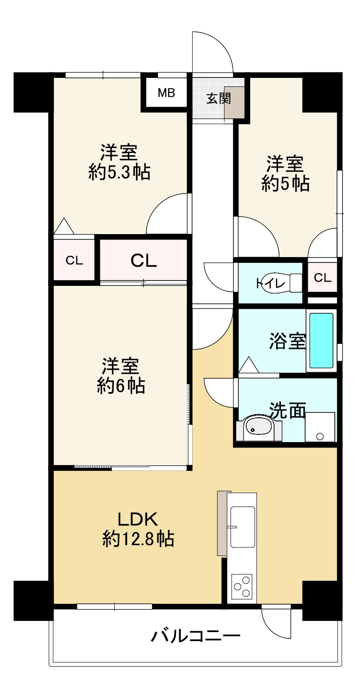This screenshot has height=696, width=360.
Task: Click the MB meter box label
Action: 166,93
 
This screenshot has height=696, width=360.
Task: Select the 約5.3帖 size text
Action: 119,172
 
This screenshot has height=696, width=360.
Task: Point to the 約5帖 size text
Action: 285,183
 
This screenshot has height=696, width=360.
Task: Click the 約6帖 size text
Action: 121,386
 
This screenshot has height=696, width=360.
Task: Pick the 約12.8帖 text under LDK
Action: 138,538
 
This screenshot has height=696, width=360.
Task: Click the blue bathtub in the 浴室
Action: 321,340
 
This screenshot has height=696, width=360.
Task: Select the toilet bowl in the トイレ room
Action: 281,283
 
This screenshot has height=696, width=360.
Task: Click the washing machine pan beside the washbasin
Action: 320,427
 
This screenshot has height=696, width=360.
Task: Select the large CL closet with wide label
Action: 143,260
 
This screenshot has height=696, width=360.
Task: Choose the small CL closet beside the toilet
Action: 322,277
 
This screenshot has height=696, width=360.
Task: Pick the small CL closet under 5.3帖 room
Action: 74,260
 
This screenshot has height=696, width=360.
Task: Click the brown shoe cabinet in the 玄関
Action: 234,103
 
